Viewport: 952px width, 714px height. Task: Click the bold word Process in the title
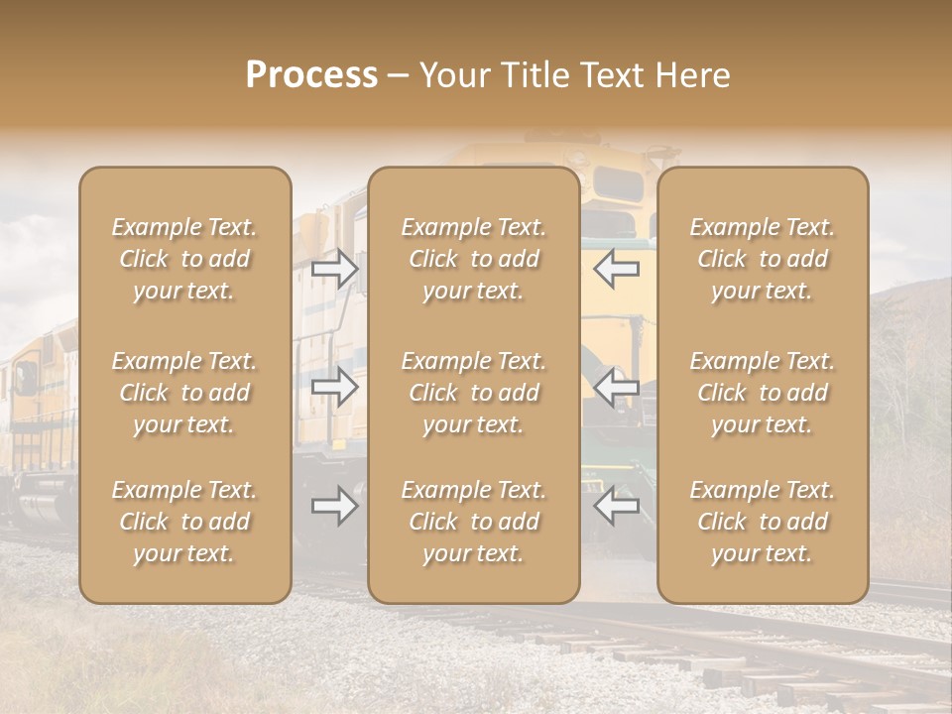311,75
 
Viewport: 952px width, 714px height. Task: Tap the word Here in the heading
692,75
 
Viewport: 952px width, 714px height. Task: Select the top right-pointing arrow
334,269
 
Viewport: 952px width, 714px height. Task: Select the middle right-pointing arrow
334,387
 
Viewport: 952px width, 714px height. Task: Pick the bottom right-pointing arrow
334,506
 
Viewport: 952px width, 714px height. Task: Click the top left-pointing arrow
616,269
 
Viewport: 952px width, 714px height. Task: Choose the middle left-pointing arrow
616,387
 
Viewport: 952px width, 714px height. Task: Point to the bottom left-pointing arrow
616,506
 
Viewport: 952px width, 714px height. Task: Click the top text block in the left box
184,259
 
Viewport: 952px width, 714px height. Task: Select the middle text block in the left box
184,393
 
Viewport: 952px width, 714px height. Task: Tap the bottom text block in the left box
184,522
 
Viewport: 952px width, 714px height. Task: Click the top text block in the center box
474,259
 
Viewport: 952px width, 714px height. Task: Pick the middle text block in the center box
474,393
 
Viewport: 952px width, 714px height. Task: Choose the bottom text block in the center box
474,522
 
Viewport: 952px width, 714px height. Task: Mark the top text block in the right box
763,259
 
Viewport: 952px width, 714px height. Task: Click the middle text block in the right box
763,393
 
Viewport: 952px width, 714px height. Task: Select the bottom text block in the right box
763,522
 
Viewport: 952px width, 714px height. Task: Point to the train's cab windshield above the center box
617,184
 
